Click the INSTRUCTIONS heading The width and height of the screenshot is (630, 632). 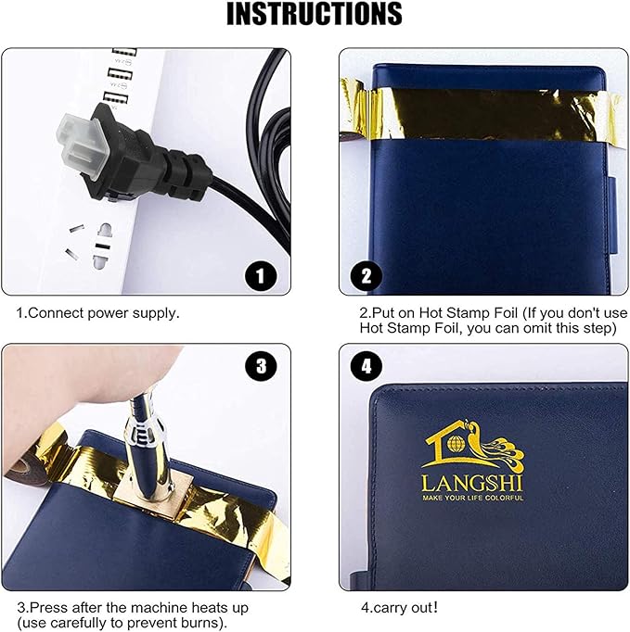[315, 14]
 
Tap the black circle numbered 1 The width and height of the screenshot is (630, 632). [261, 276]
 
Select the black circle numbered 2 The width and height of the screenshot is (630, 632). [366, 276]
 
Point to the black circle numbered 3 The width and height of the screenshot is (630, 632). [261, 365]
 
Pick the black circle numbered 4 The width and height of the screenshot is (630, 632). [366, 366]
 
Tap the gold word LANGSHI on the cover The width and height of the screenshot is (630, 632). [471, 483]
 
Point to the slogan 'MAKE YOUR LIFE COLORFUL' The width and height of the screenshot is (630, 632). [472, 498]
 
